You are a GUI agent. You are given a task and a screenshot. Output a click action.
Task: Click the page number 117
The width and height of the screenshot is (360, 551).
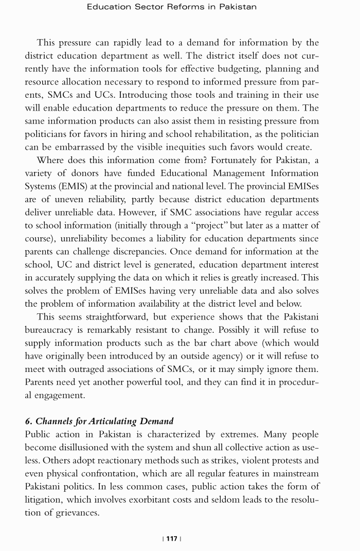[x=172, y=538]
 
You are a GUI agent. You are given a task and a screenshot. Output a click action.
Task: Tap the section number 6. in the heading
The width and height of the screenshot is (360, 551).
[x=29, y=421]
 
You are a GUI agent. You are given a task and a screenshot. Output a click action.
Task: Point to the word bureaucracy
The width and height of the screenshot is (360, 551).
[x=54, y=330]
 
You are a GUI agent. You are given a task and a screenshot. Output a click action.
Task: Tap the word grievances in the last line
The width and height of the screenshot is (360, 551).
[x=73, y=513]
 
